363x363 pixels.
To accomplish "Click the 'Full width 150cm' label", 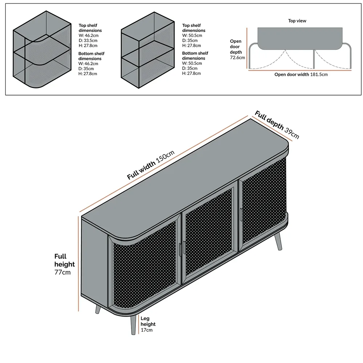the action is [151, 165].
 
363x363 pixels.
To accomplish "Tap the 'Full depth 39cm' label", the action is [277, 125].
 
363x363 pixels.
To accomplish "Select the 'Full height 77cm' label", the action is [64, 264].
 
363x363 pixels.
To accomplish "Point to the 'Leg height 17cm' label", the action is [148, 324].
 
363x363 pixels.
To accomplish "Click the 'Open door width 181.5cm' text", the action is [301, 74].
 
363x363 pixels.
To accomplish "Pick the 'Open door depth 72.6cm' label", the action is [237, 49].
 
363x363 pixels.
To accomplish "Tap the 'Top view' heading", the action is [297, 21].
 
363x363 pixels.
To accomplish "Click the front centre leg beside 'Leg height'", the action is [133, 325].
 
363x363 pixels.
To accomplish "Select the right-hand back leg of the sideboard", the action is [278, 241].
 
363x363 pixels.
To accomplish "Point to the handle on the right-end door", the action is [241, 215].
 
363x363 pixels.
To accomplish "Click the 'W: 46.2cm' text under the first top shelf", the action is [89, 36].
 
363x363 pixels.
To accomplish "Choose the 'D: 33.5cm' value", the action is [88, 41].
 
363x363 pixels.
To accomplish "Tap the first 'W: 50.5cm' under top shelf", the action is [192, 36].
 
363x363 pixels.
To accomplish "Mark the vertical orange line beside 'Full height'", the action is [78, 264].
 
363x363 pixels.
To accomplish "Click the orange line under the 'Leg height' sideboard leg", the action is [139, 324].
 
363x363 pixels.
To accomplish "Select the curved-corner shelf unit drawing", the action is [42, 49].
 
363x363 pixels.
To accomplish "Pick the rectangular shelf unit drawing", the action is [148, 50].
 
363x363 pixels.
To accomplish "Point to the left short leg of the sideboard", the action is [98, 309].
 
